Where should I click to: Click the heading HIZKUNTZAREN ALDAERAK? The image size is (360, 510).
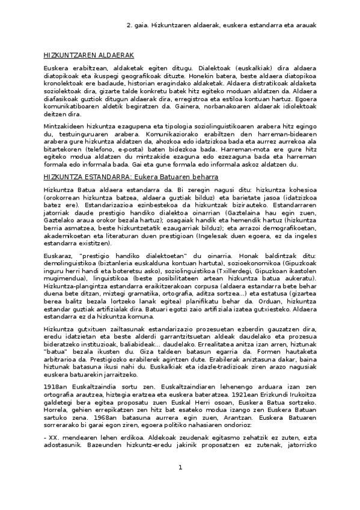tap(79, 55)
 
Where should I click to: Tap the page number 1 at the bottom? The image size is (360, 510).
tap(180, 484)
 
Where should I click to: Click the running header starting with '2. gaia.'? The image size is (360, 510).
tap(221, 26)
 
